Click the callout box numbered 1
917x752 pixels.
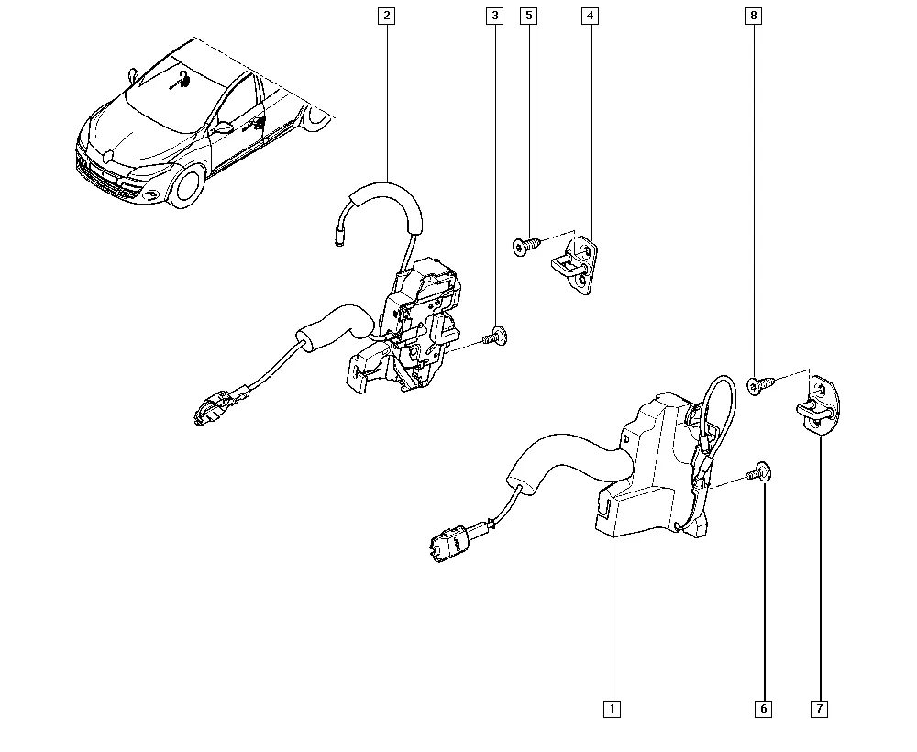tap(612, 709)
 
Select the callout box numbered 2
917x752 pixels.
tap(387, 16)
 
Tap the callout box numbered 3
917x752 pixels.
tap(495, 16)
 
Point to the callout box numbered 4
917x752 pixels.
tap(590, 16)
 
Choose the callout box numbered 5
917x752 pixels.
tap(529, 16)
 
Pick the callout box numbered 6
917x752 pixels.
tap(764, 709)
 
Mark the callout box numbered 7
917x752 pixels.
tap(819, 709)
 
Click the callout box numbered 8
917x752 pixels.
tap(753, 16)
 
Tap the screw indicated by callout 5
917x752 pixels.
tap(525, 246)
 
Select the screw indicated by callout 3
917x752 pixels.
tap(495, 337)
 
